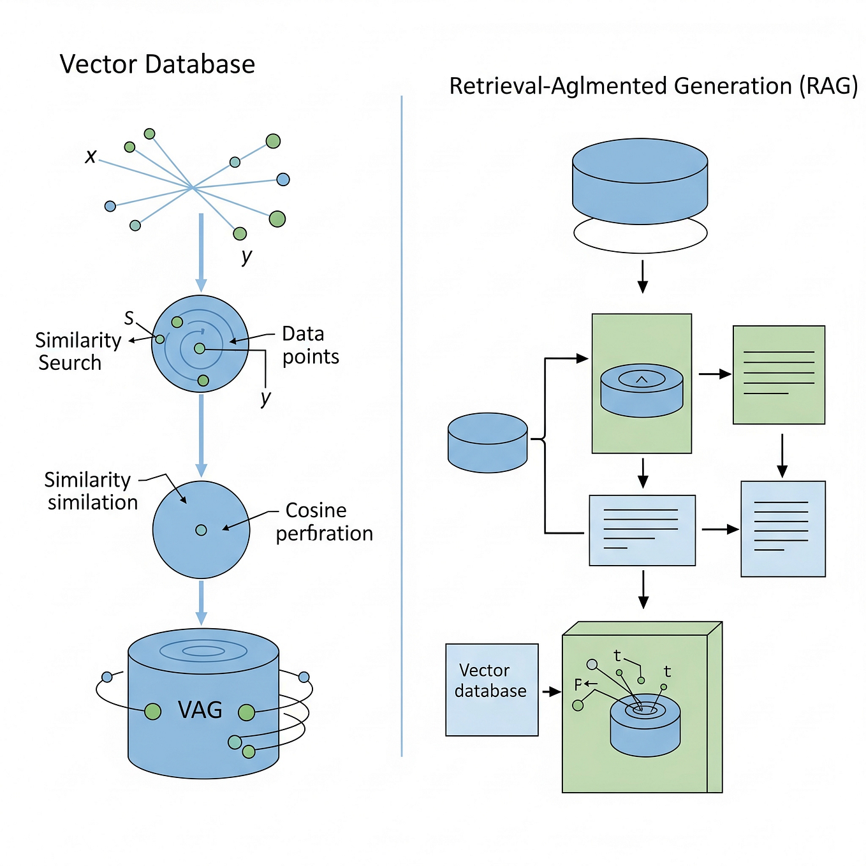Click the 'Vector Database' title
coord(157,64)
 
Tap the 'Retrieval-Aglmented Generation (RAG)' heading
coord(653,85)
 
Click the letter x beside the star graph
coord(91,156)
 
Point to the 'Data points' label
coord(310,345)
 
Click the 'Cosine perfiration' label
coord(324,522)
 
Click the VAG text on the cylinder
coord(200,710)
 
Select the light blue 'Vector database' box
coord(492,689)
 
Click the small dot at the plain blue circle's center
coord(201,530)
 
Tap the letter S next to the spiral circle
coord(129,318)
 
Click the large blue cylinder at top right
coord(640,182)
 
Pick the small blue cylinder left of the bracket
coord(487,443)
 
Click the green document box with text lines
coord(779,374)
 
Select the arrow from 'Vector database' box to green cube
coord(550,691)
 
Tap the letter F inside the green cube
coord(578,685)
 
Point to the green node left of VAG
coord(152,711)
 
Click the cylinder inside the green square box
coord(642,391)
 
